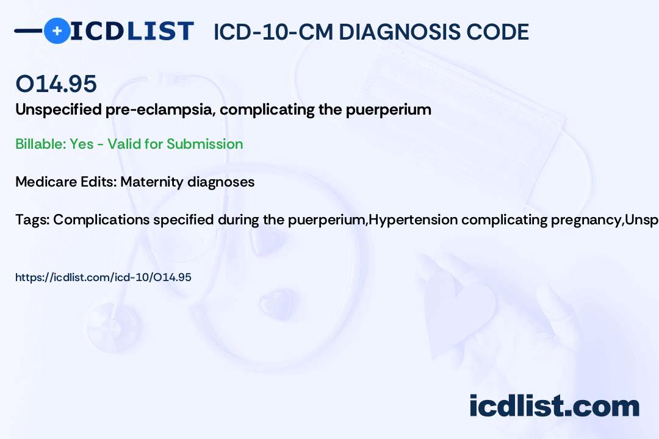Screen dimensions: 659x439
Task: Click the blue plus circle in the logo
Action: coord(57,30)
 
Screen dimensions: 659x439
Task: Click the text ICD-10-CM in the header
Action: coord(273,32)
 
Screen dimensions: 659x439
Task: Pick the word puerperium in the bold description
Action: coord(388,110)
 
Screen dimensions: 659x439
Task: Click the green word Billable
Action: coord(41,144)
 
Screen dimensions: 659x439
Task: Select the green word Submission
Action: coord(204,144)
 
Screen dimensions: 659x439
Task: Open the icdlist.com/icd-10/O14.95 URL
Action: coord(103,277)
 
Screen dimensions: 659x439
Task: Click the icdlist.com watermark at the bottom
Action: coord(554,405)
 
